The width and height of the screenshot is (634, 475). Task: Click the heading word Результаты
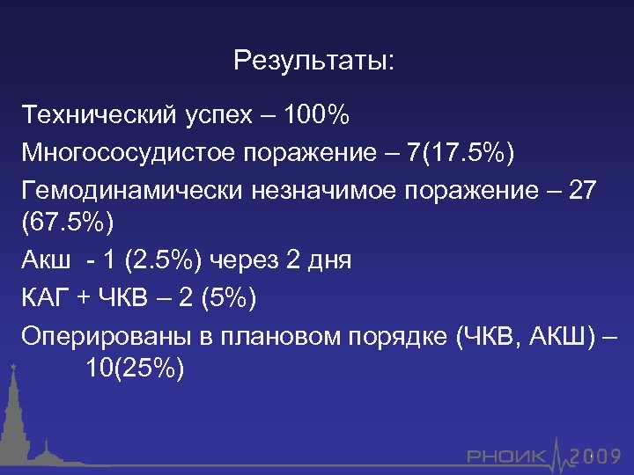click(315, 62)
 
